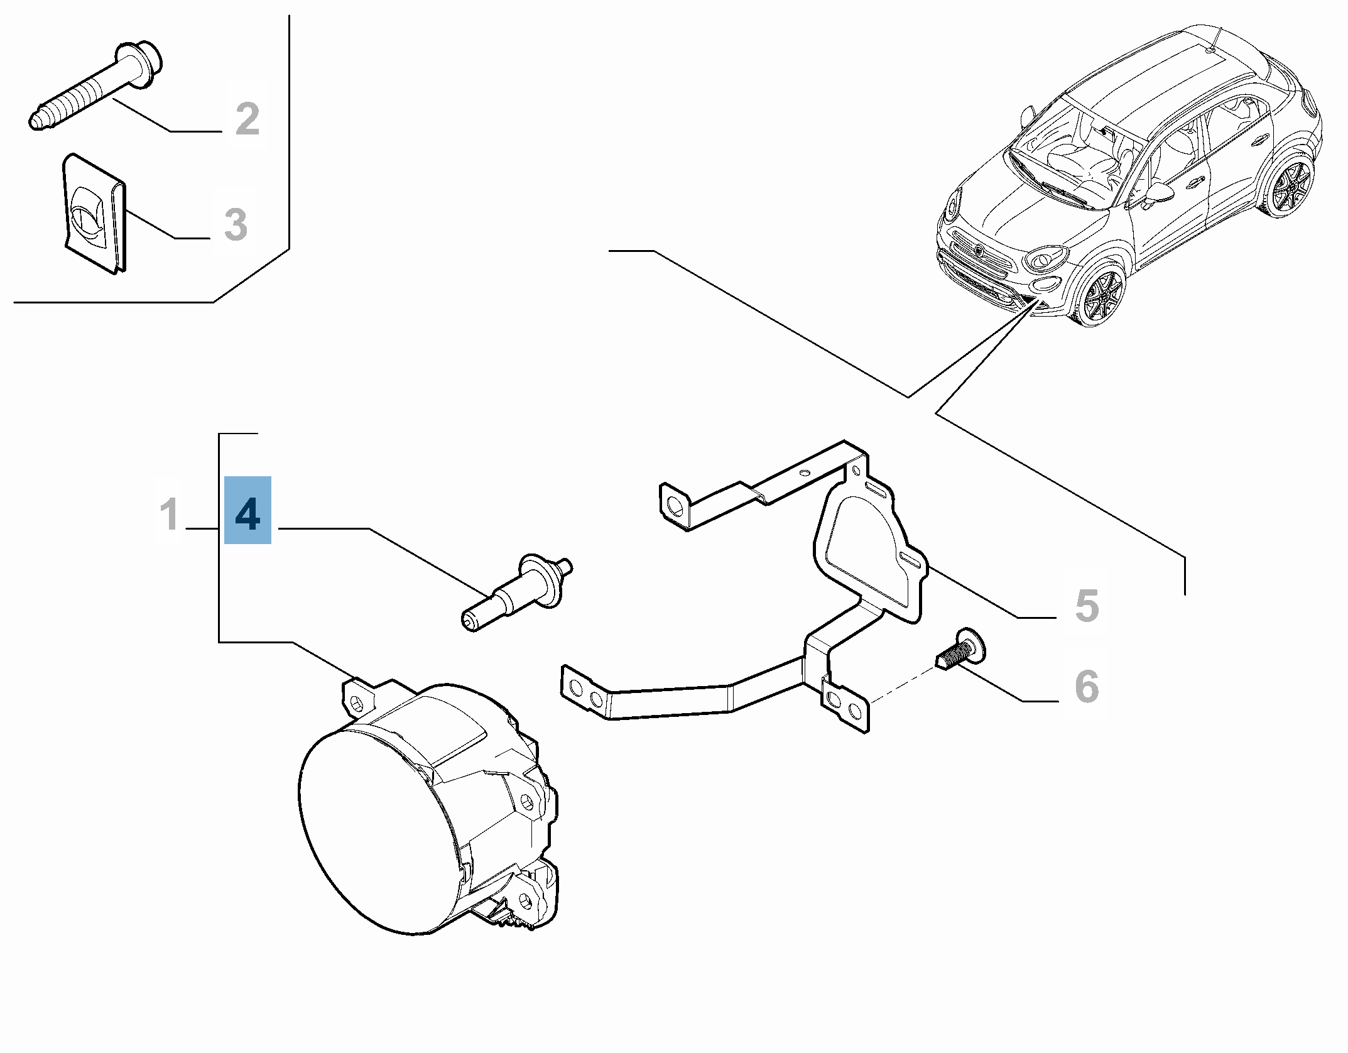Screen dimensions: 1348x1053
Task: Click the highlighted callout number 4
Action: pyautogui.click(x=247, y=510)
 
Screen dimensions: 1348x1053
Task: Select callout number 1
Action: pyautogui.click(x=169, y=514)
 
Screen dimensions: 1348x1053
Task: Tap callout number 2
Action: pyautogui.click(x=247, y=119)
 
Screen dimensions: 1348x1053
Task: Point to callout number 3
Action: pyautogui.click(x=236, y=224)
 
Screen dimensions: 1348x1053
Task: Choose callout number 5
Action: pyautogui.click(x=1087, y=606)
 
